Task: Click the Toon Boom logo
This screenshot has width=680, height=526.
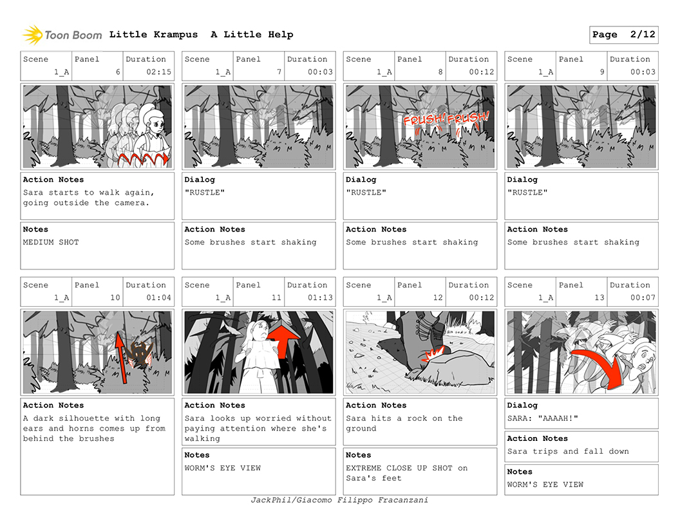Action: (x=62, y=35)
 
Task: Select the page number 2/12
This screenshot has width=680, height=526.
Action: (x=643, y=34)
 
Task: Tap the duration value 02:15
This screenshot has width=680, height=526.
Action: (x=158, y=72)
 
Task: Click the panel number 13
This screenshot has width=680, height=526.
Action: (x=600, y=297)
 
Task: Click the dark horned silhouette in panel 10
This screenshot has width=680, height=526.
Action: (x=140, y=354)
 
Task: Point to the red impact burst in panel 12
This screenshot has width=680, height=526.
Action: (x=433, y=355)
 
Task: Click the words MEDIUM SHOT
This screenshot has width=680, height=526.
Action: (x=51, y=242)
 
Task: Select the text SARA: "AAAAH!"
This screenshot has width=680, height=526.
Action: (x=543, y=418)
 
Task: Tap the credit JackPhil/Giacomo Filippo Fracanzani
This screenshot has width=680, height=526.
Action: (x=339, y=500)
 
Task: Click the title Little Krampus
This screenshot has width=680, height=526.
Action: (x=153, y=34)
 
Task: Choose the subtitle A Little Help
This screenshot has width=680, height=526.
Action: (x=252, y=34)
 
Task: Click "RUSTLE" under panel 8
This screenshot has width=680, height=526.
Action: (x=366, y=192)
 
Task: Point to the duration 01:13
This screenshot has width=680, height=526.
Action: (x=321, y=297)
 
